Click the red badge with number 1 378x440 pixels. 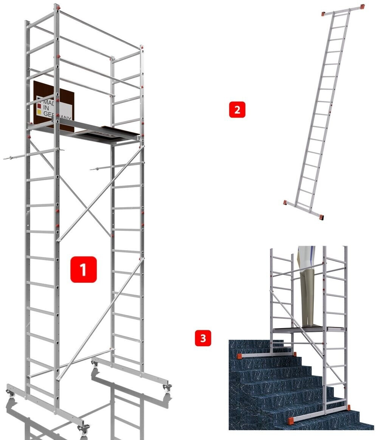pyautogui.click(x=83, y=269)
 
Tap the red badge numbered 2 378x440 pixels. pyautogui.click(x=237, y=110)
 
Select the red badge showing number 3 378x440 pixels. pyautogui.click(x=203, y=338)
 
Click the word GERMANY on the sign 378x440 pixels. pyautogui.click(x=57, y=116)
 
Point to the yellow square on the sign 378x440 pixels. pyautogui.click(x=39, y=113)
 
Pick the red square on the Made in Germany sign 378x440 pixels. pyautogui.click(x=39, y=107)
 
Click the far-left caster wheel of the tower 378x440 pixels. pyautogui.click(x=10, y=393)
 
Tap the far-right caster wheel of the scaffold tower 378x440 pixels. pyautogui.click(x=167, y=389)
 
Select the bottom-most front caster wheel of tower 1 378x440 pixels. pyautogui.click(x=83, y=429)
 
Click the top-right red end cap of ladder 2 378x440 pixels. pyautogui.click(x=362, y=7)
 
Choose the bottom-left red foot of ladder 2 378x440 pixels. pyautogui.click(x=285, y=202)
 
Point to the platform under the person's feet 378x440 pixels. pyautogui.click(x=309, y=329)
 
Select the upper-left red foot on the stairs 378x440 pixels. pyautogui.click(x=239, y=356)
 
